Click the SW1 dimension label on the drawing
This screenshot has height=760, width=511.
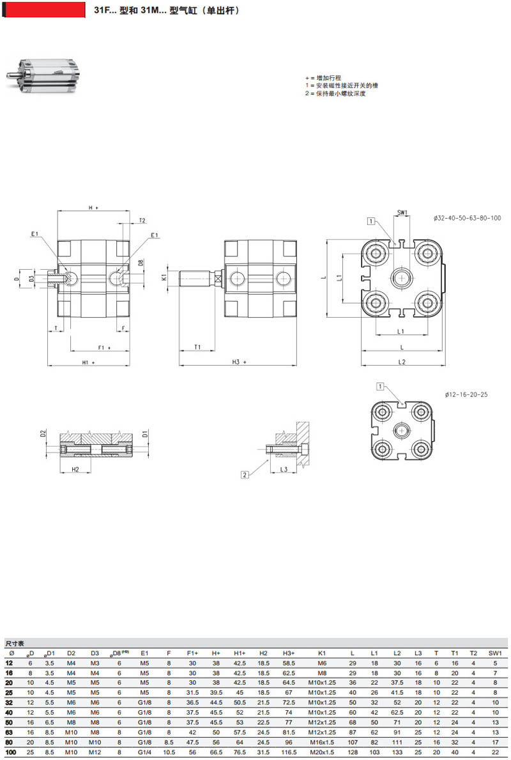click(x=402, y=212)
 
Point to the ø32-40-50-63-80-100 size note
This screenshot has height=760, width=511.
click(x=467, y=218)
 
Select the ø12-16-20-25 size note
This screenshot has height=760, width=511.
click(x=466, y=394)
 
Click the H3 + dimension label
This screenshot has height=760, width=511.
click(x=238, y=362)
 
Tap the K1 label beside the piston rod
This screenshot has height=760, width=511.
click(x=164, y=277)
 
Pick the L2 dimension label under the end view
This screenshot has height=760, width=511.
click(x=402, y=362)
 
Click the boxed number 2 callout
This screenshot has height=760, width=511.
click(x=245, y=475)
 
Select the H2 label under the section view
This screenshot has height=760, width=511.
click(x=75, y=469)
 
